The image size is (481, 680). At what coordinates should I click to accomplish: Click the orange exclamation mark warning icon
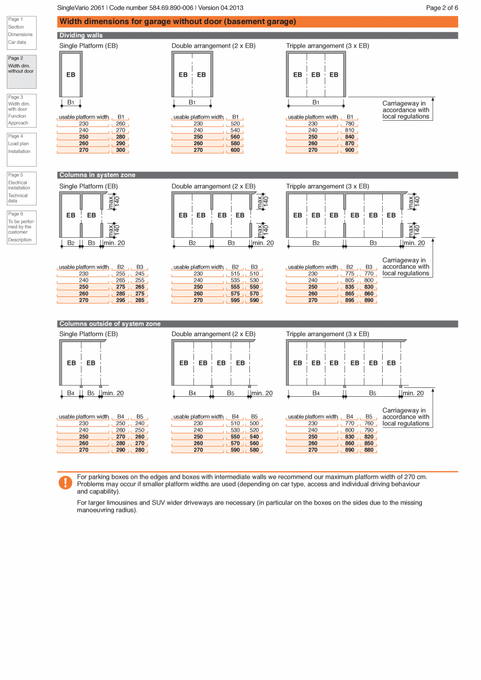(x=65, y=482)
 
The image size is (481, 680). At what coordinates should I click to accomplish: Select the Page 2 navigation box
(x=21, y=72)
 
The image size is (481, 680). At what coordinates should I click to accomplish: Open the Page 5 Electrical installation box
(x=21, y=188)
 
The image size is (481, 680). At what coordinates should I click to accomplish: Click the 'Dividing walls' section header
(x=81, y=36)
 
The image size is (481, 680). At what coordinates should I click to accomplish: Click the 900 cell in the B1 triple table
(x=350, y=150)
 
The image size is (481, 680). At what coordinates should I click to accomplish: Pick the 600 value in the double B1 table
(x=235, y=150)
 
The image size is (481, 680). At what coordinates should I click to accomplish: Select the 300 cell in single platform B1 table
(x=121, y=150)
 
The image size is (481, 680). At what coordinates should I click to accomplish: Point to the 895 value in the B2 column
(x=350, y=301)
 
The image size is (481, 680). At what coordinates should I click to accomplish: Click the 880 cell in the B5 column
(x=369, y=450)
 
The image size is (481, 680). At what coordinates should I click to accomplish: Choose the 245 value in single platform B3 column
(x=140, y=274)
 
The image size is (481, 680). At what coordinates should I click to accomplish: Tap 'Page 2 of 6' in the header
(x=442, y=8)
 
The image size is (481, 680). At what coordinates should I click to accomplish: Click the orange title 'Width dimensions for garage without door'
(x=178, y=21)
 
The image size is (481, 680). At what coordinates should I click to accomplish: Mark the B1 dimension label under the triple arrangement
(x=316, y=102)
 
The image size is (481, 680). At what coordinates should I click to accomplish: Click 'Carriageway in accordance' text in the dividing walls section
(x=406, y=110)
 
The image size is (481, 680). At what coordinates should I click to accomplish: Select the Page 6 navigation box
(x=21, y=227)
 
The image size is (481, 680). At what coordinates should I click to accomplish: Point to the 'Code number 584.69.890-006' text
(x=152, y=8)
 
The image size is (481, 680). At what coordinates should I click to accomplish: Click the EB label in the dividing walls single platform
(x=71, y=75)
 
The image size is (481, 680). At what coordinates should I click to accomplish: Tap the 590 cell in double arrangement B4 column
(x=235, y=450)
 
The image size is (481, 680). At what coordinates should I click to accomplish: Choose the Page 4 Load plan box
(x=21, y=149)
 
